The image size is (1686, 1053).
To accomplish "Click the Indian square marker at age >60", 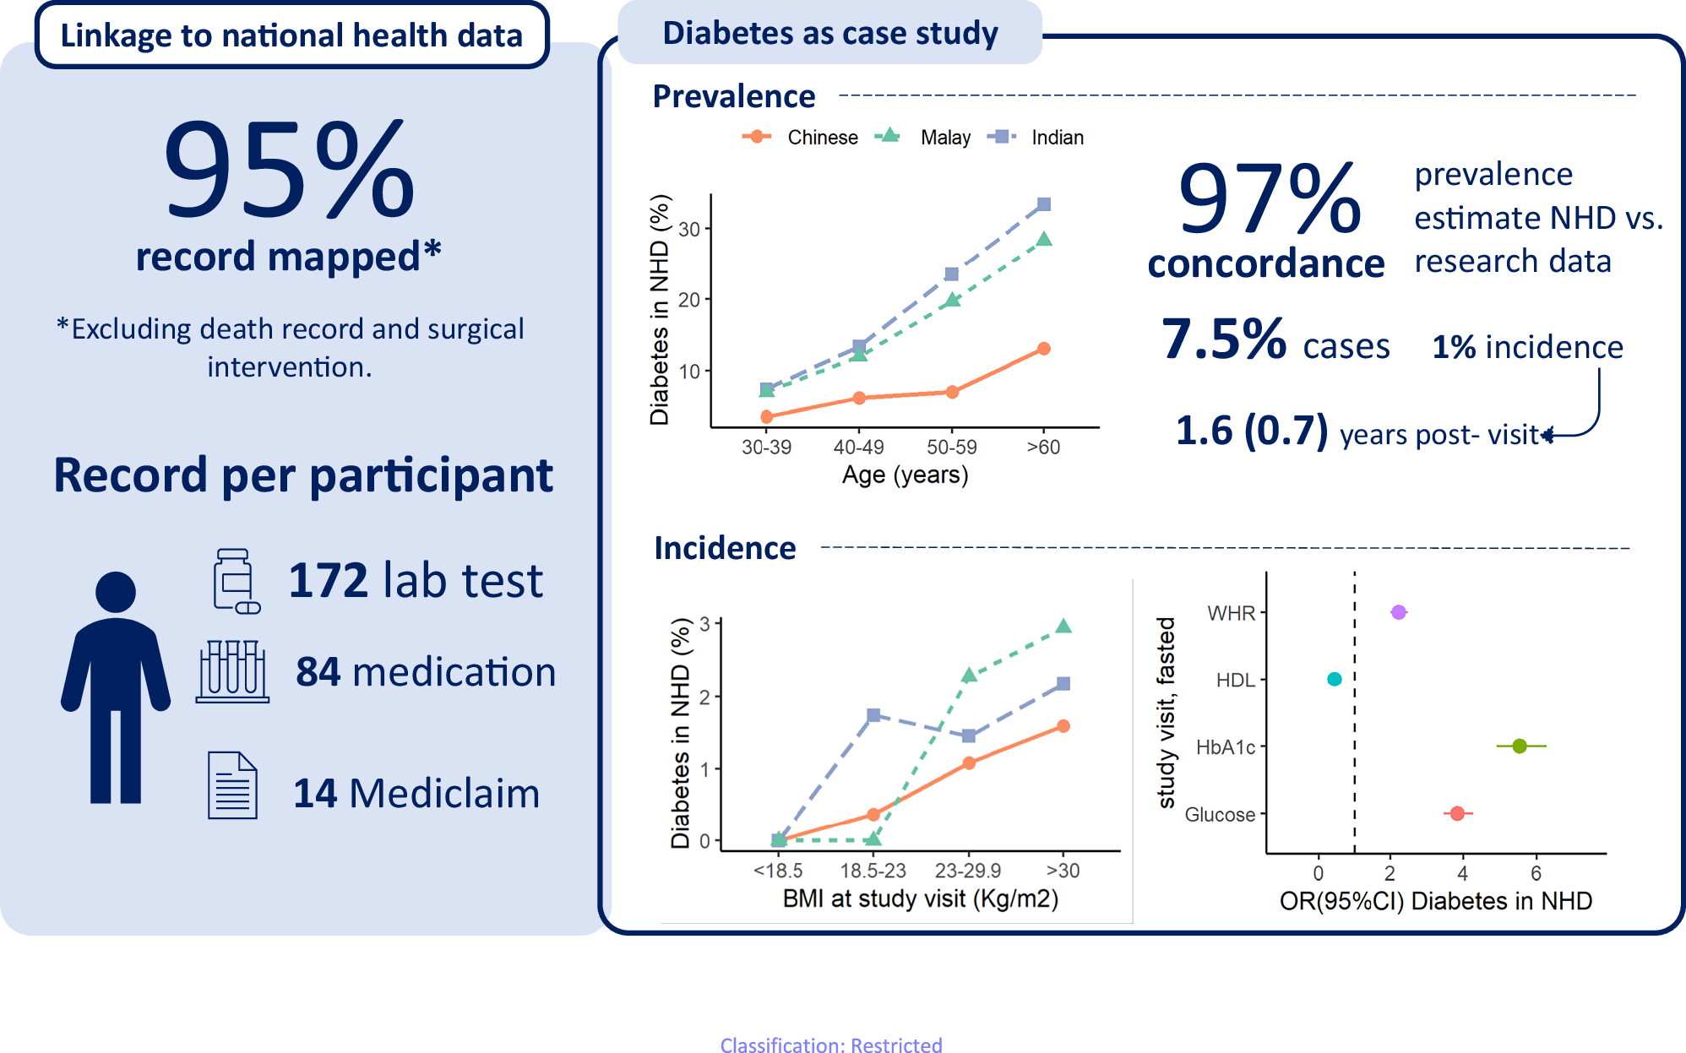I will (x=1044, y=204).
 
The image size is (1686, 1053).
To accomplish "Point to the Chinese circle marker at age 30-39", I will (x=766, y=416).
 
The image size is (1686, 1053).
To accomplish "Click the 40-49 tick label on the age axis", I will (x=858, y=448).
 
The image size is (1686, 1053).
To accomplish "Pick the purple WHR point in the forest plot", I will (x=1398, y=612).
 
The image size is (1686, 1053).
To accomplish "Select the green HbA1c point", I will (x=1520, y=746).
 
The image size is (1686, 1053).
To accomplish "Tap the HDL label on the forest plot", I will (x=1235, y=680).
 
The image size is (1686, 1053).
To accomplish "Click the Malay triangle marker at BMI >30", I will (x=1063, y=627).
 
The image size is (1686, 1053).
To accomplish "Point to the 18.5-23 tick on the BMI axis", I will (x=873, y=871).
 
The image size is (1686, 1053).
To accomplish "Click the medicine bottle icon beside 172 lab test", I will (x=235, y=580).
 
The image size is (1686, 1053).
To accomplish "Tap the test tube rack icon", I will (x=232, y=671).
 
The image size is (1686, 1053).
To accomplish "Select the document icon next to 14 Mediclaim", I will (x=232, y=785).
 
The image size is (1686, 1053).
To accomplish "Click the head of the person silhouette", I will (x=116, y=591).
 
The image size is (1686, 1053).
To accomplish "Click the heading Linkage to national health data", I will (x=291, y=35).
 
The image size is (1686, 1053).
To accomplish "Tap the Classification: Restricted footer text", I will (x=830, y=1045).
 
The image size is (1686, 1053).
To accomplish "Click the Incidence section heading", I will (x=725, y=548).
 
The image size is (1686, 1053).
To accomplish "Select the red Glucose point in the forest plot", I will (x=1457, y=813).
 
